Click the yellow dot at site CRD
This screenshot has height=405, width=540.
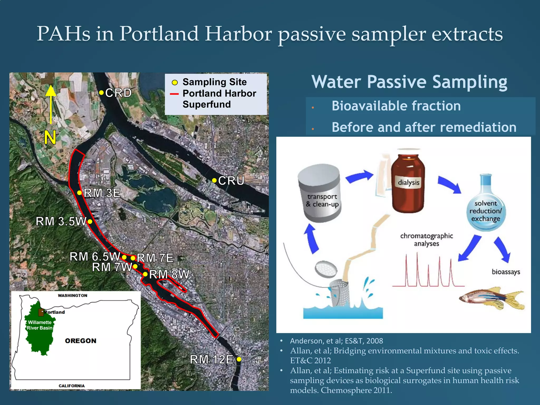pyautogui.click(x=101, y=93)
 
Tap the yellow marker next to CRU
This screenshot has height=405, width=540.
pyautogui.click(x=214, y=181)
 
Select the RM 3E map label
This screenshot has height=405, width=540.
pyautogui.click(x=102, y=193)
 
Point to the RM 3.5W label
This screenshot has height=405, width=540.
pyautogui.click(x=61, y=221)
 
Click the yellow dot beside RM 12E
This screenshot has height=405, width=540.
pyautogui.click(x=239, y=359)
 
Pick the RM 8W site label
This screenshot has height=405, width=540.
pyautogui.click(x=169, y=274)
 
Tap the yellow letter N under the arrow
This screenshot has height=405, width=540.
pyautogui.click(x=50, y=137)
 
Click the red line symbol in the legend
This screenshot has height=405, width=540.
pyautogui.click(x=174, y=94)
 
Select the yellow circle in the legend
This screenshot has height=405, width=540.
pyautogui.click(x=175, y=83)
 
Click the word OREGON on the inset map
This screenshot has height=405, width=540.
pyautogui.click(x=81, y=341)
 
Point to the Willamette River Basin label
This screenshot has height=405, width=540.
pyautogui.click(x=40, y=325)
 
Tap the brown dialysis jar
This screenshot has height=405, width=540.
pyautogui.click(x=408, y=183)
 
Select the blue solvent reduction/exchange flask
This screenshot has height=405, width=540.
pyautogui.click(x=486, y=208)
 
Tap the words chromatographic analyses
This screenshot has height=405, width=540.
pyautogui.click(x=426, y=239)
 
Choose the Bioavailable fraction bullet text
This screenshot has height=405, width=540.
pyautogui.click(x=396, y=106)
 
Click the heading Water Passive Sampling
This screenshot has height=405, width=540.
pyautogui.click(x=409, y=82)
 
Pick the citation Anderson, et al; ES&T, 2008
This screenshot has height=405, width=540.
pyautogui.click(x=336, y=341)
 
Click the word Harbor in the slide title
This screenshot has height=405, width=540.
pyautogui.click(x=238, y=34)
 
